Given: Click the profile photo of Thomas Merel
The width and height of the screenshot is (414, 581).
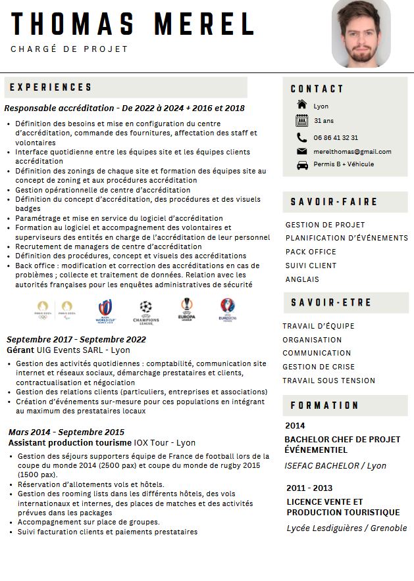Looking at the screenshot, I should pos(361,34).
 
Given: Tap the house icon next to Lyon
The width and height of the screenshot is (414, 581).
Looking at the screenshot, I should pos(302,105).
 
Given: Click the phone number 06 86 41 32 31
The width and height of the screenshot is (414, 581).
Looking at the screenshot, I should pos(336,137).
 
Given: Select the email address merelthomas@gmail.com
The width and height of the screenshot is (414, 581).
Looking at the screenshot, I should pos(352,151).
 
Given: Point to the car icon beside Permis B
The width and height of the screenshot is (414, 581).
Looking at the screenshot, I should pos(302,165).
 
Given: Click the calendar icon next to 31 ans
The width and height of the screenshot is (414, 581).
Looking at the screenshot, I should pos(302,120).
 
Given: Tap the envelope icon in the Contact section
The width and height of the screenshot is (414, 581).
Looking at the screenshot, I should pos(302,151).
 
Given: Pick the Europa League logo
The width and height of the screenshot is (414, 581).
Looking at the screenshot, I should pos(187,309).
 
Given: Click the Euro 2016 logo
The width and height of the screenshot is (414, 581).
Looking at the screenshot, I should pos(228,309).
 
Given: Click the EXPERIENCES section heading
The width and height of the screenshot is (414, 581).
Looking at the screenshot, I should pos(51,87).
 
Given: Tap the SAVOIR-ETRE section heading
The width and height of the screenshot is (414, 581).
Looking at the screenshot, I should pos(331,302).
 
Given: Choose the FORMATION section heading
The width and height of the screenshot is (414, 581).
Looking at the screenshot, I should pos(324,406).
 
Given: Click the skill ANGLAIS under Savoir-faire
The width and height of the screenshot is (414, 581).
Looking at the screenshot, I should pos(302,279).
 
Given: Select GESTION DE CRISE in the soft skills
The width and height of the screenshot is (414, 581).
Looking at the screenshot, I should pos(319,367).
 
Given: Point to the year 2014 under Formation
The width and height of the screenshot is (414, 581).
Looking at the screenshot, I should pos(295,426).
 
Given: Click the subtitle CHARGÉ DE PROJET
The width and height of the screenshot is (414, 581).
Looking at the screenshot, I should pos(69,49).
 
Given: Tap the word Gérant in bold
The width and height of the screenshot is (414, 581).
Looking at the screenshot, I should pos(20,350).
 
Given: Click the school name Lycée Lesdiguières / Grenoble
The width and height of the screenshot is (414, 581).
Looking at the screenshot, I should pos(347,528).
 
